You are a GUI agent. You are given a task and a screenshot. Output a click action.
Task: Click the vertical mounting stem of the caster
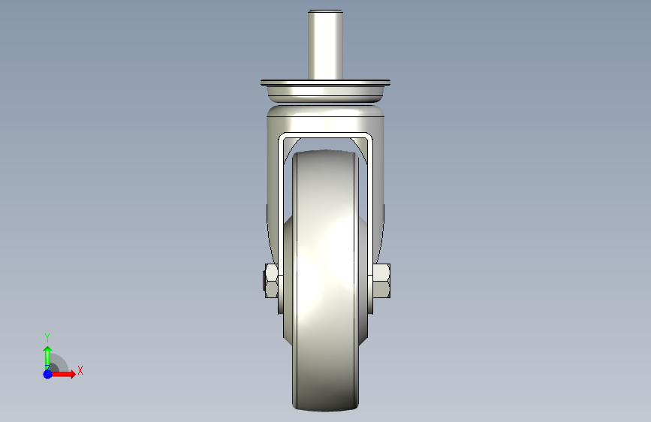pyautogui.click(x=325, y=45)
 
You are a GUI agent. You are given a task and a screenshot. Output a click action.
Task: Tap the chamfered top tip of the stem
pyautogui.click(x=325, y=11)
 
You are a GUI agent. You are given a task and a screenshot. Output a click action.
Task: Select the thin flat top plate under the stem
pyautogui.click(x=325, y=83)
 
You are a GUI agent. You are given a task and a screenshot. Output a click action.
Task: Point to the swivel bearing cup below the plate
pyautogui.click(x=325, y=94)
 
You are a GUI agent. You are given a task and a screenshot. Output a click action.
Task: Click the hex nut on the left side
pyautogui.click(x=272, y=281)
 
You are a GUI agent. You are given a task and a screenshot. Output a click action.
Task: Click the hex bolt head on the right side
pyautogui.click(x=381, y=281)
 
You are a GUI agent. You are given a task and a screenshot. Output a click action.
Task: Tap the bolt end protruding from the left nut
pyautogui.click(x=264, y=281)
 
